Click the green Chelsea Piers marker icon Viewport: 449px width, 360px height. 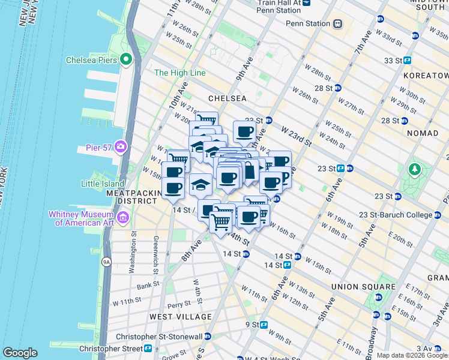pos(126,59)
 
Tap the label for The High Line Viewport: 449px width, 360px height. pos(179,73)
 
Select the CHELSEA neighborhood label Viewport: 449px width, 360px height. pos(227,98)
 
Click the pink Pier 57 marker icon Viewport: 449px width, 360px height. pos(121,146)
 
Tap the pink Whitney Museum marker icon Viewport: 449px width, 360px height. pos(124,216)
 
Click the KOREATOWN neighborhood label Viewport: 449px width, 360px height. pos(427,76)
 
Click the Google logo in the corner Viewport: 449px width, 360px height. pos(20,353)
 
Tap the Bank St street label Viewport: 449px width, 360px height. pos(147,287)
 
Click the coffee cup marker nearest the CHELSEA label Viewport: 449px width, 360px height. pos(244,131)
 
